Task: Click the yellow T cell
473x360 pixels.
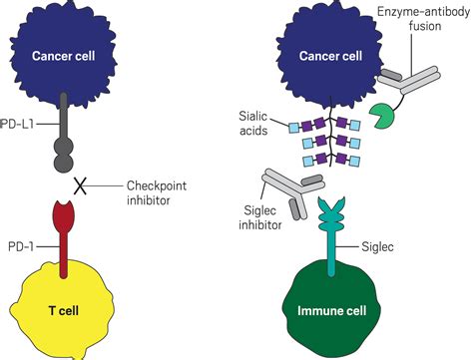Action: (75, 309)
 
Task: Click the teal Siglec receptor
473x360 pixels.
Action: (331, 239)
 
